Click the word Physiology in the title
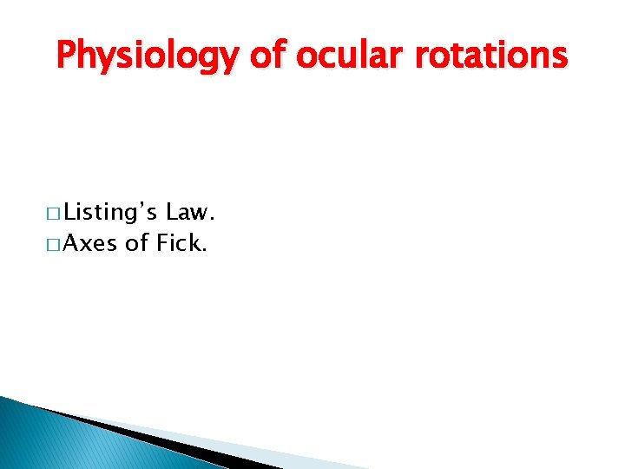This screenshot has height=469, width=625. coord(146,56)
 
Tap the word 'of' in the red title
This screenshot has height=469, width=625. coord(268,56)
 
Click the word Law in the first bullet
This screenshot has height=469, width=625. coord(188,211)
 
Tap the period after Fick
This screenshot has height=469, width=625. coord(205,251)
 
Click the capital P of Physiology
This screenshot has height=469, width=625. coord(66,56)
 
